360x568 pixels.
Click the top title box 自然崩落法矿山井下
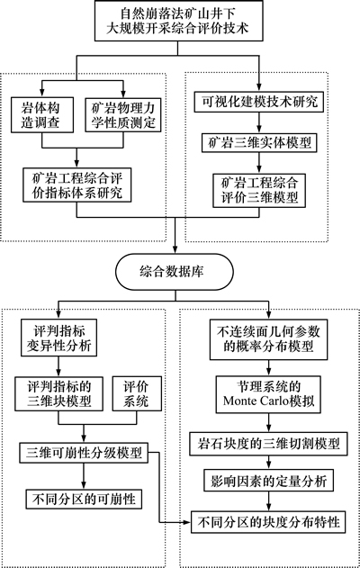[178, 21]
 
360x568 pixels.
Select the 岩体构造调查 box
[42, 115]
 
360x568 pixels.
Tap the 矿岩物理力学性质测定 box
[123, 115]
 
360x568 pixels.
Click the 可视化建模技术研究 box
[259, 102]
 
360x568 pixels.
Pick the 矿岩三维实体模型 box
[259, 142]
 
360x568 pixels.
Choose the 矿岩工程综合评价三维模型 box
[259, 191]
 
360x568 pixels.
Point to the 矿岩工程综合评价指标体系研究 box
[76, 185]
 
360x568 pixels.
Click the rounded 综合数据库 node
[175, 272]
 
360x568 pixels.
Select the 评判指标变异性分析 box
[58, 338]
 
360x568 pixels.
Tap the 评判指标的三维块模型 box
[58, 393]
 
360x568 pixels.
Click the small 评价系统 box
[137, 393]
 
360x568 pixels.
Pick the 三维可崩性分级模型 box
[84, 453]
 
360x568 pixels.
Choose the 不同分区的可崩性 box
[84, 500]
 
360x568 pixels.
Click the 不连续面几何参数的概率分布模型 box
[268, 339]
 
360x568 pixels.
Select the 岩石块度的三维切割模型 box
[268, 444]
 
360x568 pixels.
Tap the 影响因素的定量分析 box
[268, 481]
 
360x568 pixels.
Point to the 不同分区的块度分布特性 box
[268, 522]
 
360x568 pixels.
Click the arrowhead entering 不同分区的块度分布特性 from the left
[187, 522]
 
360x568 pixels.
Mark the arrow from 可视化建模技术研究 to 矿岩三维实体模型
[259, 122]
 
